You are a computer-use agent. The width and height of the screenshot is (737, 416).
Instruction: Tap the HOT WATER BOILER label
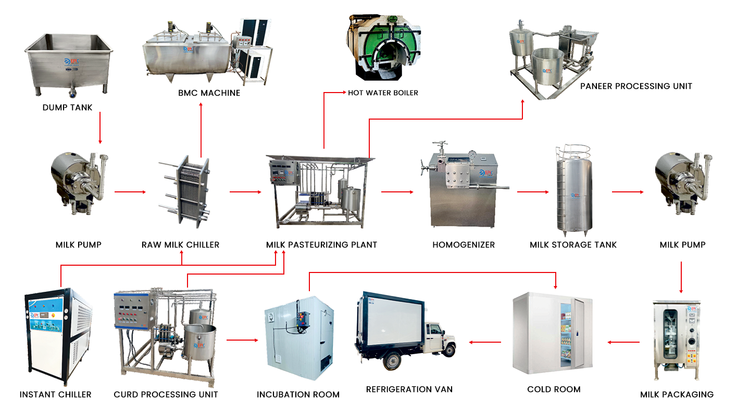pyautogui.click(x=383, y=93)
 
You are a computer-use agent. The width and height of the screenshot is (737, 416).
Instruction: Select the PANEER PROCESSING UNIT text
pyautogui.click(x=636, y=86)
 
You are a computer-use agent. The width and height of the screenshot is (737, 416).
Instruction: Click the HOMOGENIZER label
pyautogui.click(x=464, y=244)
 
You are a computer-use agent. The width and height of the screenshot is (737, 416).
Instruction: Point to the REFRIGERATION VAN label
pyautogui.click(x=409, y=389)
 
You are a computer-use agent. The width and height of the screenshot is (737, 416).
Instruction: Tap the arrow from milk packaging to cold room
pyautogui.click(x=623, y=342)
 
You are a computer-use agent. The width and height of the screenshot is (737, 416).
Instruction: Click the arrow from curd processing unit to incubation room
pyautogui.click(x=242, y=340)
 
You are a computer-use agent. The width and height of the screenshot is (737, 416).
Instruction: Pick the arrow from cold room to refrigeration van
pyautogui.click(x=485, y=342)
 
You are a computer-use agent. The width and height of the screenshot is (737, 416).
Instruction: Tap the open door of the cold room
pyautogui.click(x=583, y=333)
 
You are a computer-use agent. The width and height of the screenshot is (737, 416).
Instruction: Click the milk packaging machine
pyautogui.click(x=676, y=341)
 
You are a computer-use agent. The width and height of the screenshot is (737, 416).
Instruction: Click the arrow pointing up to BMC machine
pyautogui.click(x=201, y=130)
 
